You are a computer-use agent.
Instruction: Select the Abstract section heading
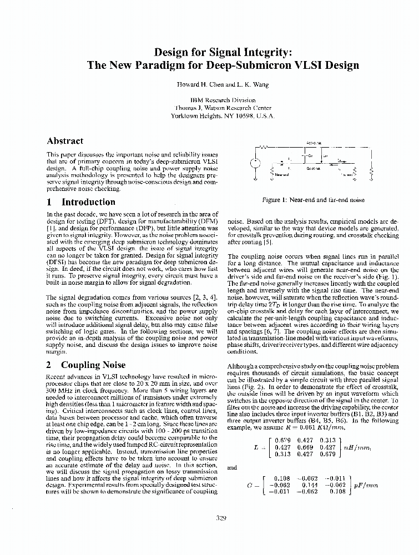[x=65, y=141]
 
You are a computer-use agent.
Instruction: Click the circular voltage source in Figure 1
[x=255, y=165]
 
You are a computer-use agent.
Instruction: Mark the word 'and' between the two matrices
[x=232, y=467]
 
